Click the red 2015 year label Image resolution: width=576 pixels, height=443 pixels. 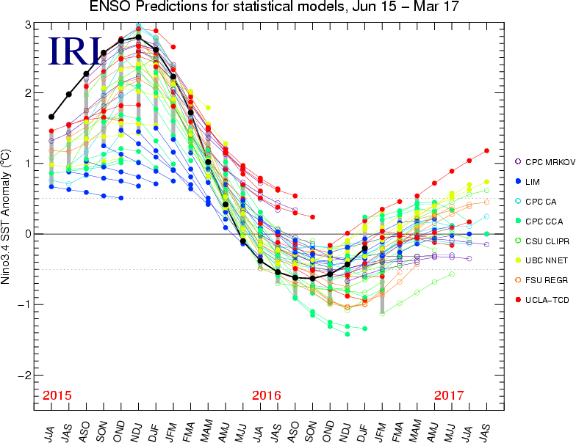point(57,395)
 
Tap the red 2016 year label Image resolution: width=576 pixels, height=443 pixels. point(267,395)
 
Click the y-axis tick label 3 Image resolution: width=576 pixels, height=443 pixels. point(27,25)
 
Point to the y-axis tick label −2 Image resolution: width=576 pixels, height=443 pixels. point(24,375)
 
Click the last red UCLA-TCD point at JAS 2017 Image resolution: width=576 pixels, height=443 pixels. point(486,151)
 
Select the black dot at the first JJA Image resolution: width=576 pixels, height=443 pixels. point(51,117)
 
